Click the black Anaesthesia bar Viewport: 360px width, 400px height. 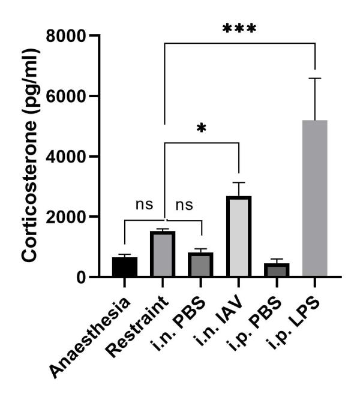coord(125,267)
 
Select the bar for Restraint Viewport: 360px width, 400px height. coord(163,254)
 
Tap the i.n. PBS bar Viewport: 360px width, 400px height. coord(201,264)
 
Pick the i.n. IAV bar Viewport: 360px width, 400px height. coord(239,236)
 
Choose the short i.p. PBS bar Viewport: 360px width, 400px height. coord(277,270)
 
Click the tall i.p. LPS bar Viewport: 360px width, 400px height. coord(315,198)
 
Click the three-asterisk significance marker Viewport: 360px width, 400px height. coord(239,29)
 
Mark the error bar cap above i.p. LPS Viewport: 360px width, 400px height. coord(315,79)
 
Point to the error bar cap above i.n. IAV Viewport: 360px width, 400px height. coord(239,182)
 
